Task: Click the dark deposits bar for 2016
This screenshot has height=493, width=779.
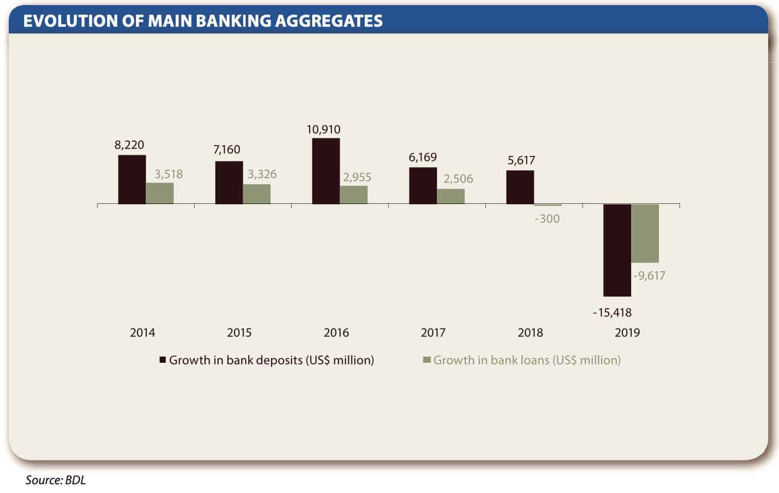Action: pyautogui.click(x=326, y=171)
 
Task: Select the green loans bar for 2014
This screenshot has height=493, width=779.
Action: pyautogui.click(x=160, y=193)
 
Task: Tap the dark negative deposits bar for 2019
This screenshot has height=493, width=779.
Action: pyautogui.click(x=617, y=250)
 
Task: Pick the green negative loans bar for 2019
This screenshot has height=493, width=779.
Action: pyautogui.click(x=645, y=234)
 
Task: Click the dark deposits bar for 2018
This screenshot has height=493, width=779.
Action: pyautogui.click(x=520, y=187)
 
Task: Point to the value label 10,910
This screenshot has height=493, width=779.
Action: pyautogui.click(x=324, y=130)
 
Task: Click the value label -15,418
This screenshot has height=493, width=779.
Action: pyautogui.click(x=612, y=312)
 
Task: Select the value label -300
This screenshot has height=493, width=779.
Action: pyautogui.click(x=547, y=219)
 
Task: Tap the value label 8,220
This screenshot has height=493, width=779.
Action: pyautogui.click(x=129, y=145)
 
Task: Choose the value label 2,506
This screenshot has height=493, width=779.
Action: pyautogui.click(x=458, y=179)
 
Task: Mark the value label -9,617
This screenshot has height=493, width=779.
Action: pyautogui.click(x=649, y=276)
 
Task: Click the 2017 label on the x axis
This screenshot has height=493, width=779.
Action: pyautogui.click(x=433, y=332)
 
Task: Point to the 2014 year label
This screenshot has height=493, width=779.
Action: pyautogui.click(x=142, y=332)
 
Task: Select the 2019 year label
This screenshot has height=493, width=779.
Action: pyautogui.click(x=627, y=332)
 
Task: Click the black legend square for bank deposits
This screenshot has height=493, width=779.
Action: pyautogui.click(x=163, y=360)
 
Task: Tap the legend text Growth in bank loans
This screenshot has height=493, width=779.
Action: pyautogui.click(x=527, y=360)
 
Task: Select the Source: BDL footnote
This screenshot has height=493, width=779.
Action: pyautogui.click(x=56, y=480)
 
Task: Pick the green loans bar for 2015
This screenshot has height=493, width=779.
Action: pyautogui.click(x=257, y=194)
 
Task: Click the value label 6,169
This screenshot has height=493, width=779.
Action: pyautogui.click(x=422, y=157)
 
